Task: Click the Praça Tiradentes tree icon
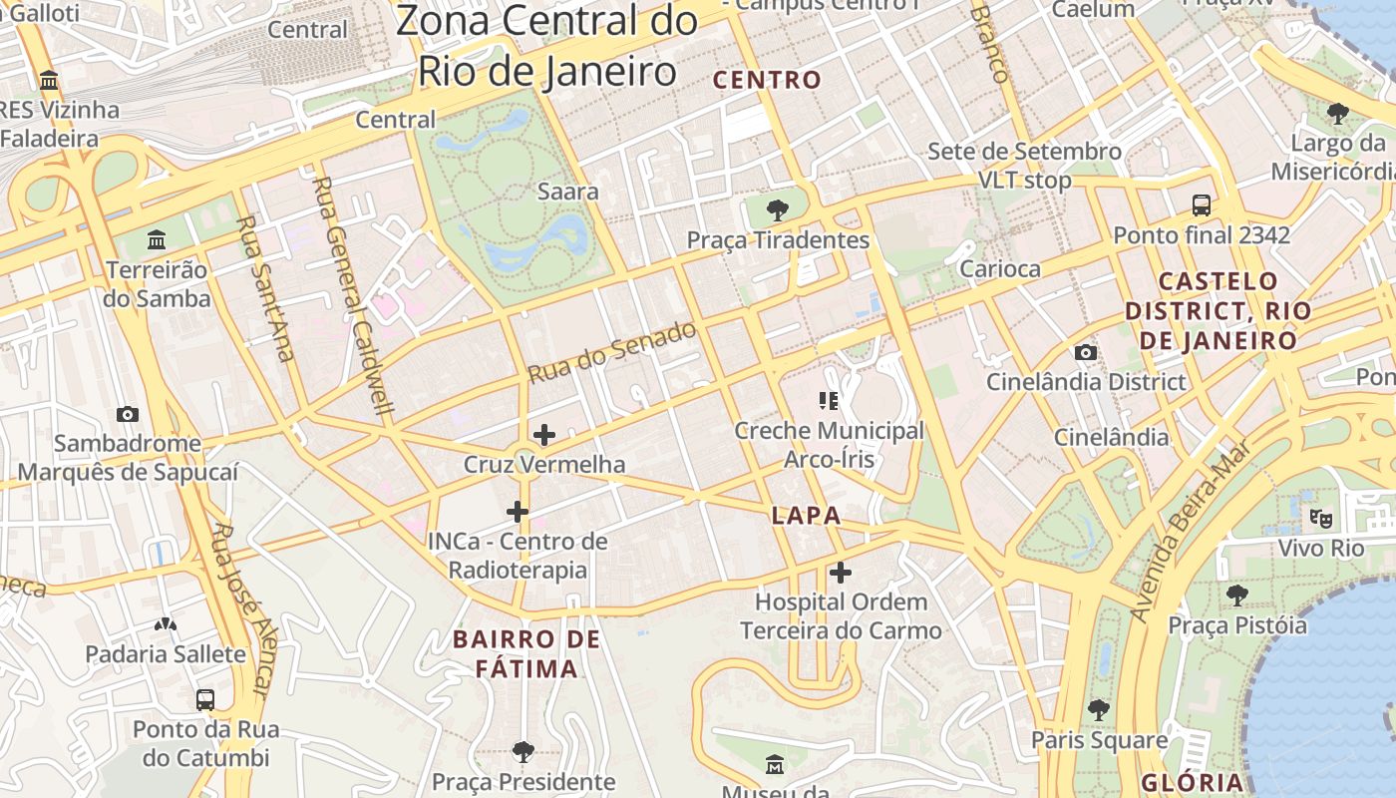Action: coord(777,210)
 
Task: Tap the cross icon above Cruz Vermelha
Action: coord(544,435)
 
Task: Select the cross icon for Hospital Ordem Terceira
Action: coord(841,573)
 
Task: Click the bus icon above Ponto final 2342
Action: coord(1202,205)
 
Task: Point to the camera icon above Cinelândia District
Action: coord(1086,352)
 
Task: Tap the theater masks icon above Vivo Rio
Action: coord(1321,518)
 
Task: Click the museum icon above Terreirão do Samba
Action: coord(157,240)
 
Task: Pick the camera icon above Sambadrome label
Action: coord(128,414)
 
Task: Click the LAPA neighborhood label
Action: coord(806,516)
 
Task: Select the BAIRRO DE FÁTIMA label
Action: coord(526,653)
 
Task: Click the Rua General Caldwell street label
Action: coord(354,295)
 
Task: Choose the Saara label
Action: coord(567,191)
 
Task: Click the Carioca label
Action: coord(999,268)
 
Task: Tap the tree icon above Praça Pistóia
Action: coord(1237,596)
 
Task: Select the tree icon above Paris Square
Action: coord(1099,710)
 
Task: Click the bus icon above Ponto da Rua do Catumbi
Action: coord(205,699)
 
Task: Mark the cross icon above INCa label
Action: coord(517,512)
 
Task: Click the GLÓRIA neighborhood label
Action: coord(1193,782)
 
